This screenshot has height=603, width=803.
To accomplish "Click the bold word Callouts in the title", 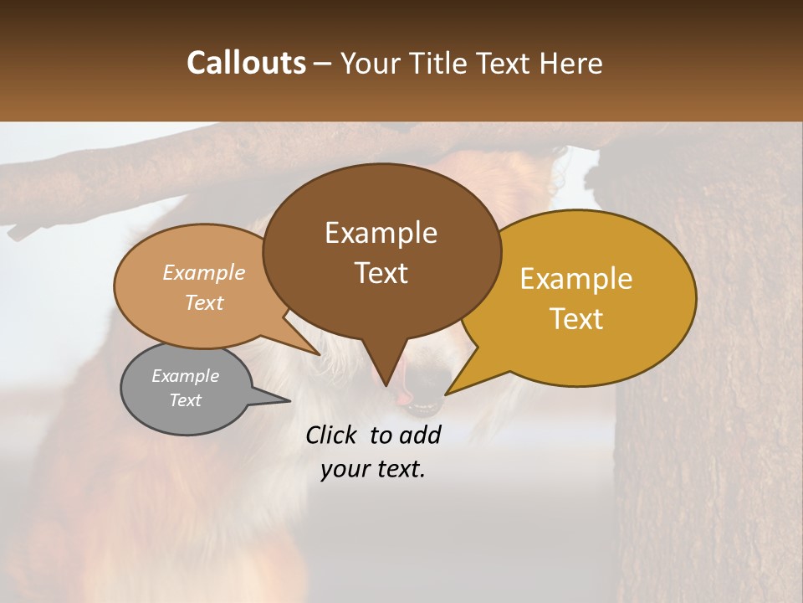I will click(246, 63).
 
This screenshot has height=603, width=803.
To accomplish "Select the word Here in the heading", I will click(571, 63).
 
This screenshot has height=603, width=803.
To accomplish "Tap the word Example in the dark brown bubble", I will click(381, 233).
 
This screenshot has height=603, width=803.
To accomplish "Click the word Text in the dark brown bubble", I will click(381, 273).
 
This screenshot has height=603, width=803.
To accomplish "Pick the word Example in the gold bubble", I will click(576, 279).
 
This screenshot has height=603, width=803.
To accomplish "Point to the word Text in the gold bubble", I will click(576, 319).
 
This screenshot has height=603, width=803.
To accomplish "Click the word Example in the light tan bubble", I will click(204, 273).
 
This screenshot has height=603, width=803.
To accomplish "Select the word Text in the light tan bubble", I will click(204, 302).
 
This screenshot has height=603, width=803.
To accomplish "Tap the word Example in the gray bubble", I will click(185, 376).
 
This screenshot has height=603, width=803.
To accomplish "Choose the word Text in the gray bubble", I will click(185, 400).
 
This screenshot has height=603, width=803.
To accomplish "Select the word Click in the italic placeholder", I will click(333, 435).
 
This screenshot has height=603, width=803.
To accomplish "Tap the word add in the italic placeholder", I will click(421, 435).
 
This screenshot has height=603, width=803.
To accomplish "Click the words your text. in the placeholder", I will click(372, 470).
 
